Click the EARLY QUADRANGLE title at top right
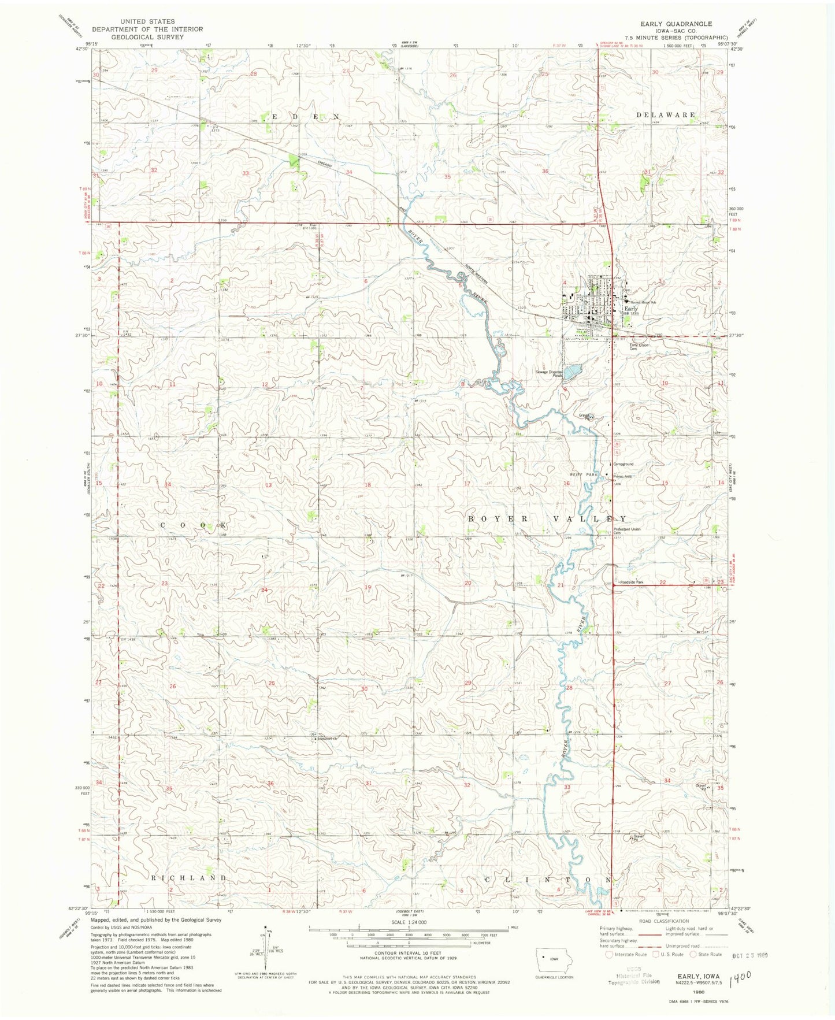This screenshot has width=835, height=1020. [676, 24]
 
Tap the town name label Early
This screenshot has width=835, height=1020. [630, 309]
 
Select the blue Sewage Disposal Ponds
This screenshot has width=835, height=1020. [572, 371]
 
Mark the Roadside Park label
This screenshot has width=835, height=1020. [631, 582]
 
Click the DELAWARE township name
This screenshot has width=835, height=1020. [666, 115]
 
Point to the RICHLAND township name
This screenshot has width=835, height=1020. [188, 877]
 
